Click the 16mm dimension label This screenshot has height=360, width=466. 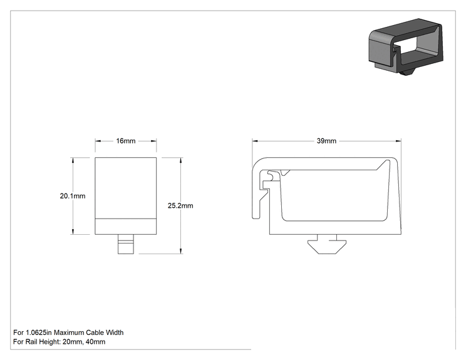126,141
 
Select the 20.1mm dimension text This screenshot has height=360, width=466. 73,196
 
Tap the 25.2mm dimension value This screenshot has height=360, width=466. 180,205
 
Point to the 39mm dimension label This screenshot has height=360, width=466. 326,141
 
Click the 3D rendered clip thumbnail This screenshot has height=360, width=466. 406,46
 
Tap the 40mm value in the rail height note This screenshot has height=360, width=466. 95,342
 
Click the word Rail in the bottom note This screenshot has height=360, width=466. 31,342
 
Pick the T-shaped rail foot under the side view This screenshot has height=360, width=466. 327,244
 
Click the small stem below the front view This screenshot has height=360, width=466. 126,244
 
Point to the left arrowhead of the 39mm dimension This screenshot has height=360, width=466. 255,141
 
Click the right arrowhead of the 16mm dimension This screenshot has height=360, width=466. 153,141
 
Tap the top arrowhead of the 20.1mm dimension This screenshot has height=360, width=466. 73,160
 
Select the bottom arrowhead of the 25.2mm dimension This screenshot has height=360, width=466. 180,251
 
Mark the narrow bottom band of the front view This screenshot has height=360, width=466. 126,227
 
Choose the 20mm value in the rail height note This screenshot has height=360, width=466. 73,342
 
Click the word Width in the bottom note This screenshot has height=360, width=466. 115,332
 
